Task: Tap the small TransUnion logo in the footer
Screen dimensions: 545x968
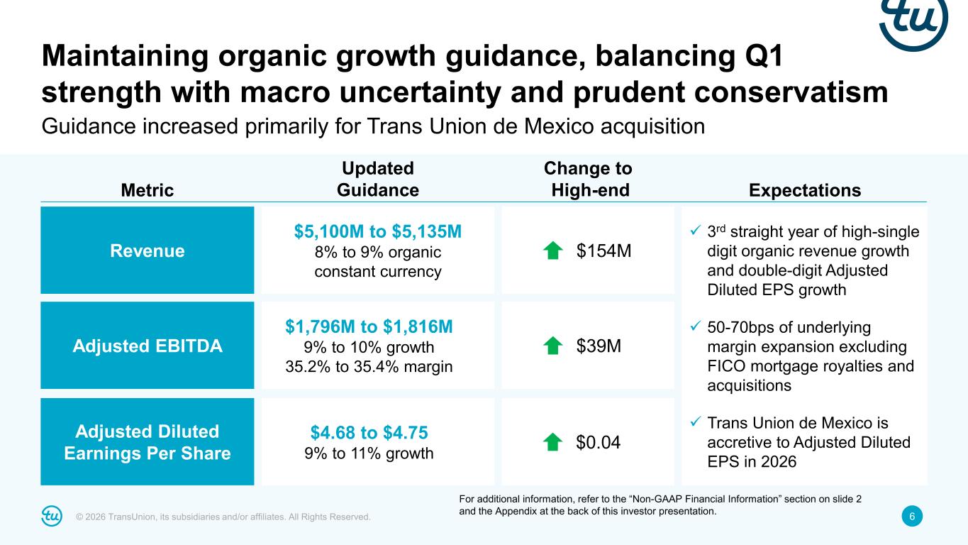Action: pos(52,517)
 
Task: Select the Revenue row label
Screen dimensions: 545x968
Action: pos(148,251)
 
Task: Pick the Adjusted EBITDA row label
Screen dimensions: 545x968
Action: pos(148,346)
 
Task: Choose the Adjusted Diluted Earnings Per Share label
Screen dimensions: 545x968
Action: pos(148,442)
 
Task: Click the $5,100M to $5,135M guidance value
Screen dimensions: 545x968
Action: pos(378,231)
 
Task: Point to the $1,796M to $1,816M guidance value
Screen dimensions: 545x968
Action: pos(369,326)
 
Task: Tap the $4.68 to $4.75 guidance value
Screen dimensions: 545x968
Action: pos(369,432)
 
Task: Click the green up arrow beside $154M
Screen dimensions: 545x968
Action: pos(552,251)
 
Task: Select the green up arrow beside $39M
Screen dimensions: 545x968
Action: pos(552,346)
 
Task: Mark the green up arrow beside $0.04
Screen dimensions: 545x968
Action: pos(552,442)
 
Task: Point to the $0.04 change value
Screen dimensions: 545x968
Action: pos(598,442)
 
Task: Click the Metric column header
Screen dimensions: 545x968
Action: pos(147,190)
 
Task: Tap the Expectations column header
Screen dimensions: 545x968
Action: pos(804,190)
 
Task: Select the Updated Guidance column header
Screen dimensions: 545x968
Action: pos(378,180)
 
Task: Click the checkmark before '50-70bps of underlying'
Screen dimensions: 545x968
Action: pos(696,327)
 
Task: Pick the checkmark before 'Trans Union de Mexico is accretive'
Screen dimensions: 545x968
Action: pos(696,423)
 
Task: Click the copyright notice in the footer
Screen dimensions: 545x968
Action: pos(223,517)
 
